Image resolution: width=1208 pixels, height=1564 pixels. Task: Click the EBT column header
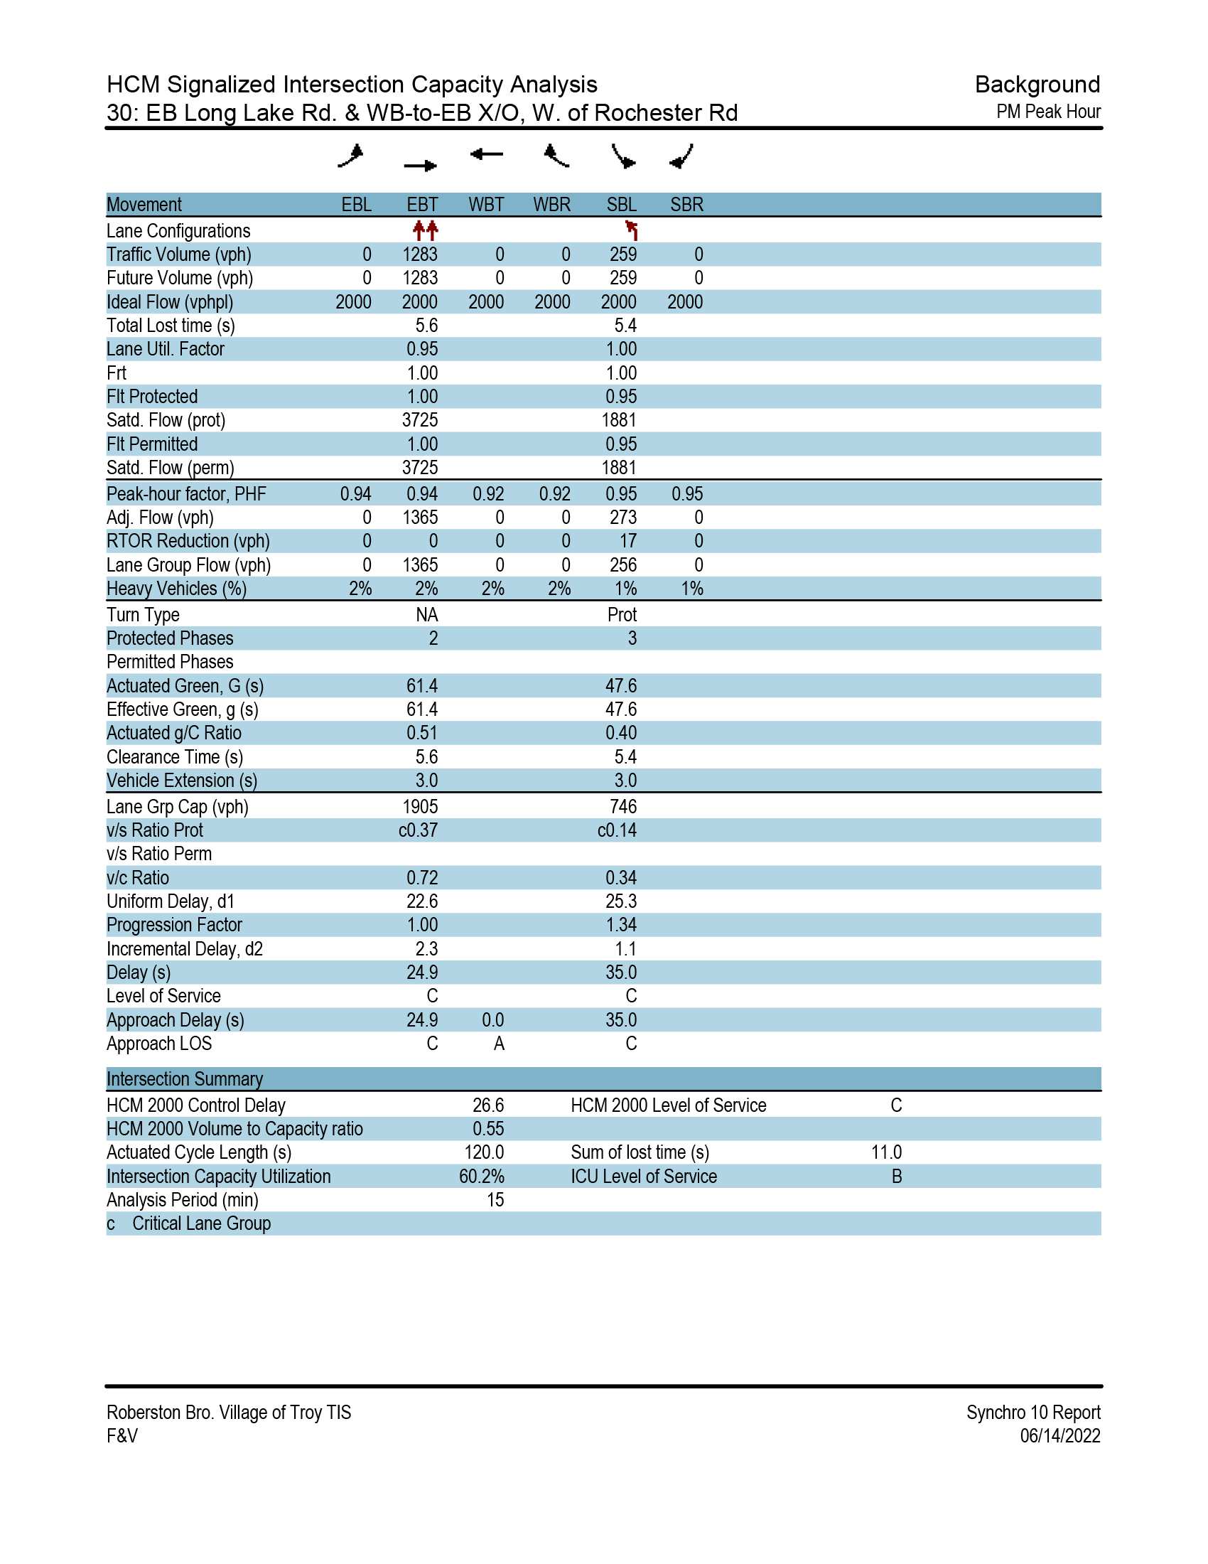click(x=421, y=205)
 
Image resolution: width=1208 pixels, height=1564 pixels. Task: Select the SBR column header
click(x=686, y=205)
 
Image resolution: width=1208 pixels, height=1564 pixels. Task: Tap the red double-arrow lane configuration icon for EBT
click(x=425, y=230)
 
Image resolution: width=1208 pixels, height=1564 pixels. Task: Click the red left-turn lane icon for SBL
click(x=631, y=230)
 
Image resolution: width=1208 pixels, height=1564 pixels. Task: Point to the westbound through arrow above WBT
click(x=487, y=154)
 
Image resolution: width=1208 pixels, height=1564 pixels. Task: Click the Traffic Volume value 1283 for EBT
click(x=420, y=255)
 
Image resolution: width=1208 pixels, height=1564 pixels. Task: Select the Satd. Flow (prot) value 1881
click(x=619, y=420)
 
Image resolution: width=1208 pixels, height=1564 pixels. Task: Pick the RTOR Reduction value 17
click(x=627, y=542)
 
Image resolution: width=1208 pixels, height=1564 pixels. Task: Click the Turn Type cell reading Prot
click(x=621, y=615)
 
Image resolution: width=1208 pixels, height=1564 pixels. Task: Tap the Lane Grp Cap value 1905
click(x=420, y=807)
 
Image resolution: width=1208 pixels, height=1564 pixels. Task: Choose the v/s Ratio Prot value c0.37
click(x=418, y=830)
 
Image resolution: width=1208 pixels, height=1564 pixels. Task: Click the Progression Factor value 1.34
click(x=620, y=925)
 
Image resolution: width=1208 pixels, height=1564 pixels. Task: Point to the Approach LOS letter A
click(x=499, y=1044)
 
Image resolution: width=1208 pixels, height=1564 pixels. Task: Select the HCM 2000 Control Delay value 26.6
click(x=488, y=1105)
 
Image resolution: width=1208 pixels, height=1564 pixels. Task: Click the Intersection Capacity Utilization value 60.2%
click(x=482, y=1177)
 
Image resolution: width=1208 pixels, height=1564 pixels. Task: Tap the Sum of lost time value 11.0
click(x=886, y=1153)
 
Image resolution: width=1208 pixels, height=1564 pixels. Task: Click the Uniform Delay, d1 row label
click(x=171, y=901)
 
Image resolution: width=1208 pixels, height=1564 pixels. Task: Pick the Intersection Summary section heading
click(x=185, y=1079)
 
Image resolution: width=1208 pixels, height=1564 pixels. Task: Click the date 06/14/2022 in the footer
click(x=1060, y=1436)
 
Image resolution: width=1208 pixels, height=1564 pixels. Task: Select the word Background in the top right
click(x=1037, y=85)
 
